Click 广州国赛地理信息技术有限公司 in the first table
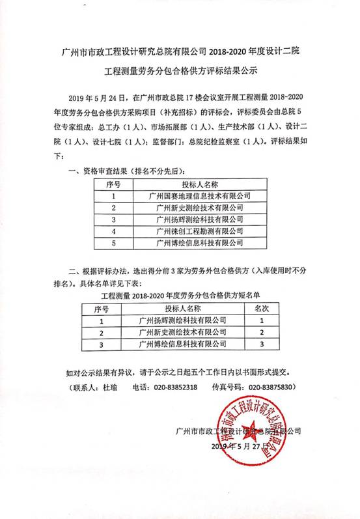click(x=200, y=195)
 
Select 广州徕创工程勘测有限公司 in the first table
click(x=200, y=231)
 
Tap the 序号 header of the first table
click(x=113, y=184)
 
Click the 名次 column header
click(x=261, y=308)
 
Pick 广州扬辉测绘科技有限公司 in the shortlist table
click(x=182, y=320)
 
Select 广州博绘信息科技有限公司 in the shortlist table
click(x=182, y=343)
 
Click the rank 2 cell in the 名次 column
click(x=261, y=332)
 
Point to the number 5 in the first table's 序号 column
click(x=113, y=243)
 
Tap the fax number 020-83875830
click(x=270, y=386)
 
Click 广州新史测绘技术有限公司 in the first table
click(x=200, y=208)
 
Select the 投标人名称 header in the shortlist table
click(x=182, y=308)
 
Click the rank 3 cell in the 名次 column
click(x=261, y=343)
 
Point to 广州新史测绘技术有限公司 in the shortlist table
click(x=182, y=332)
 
